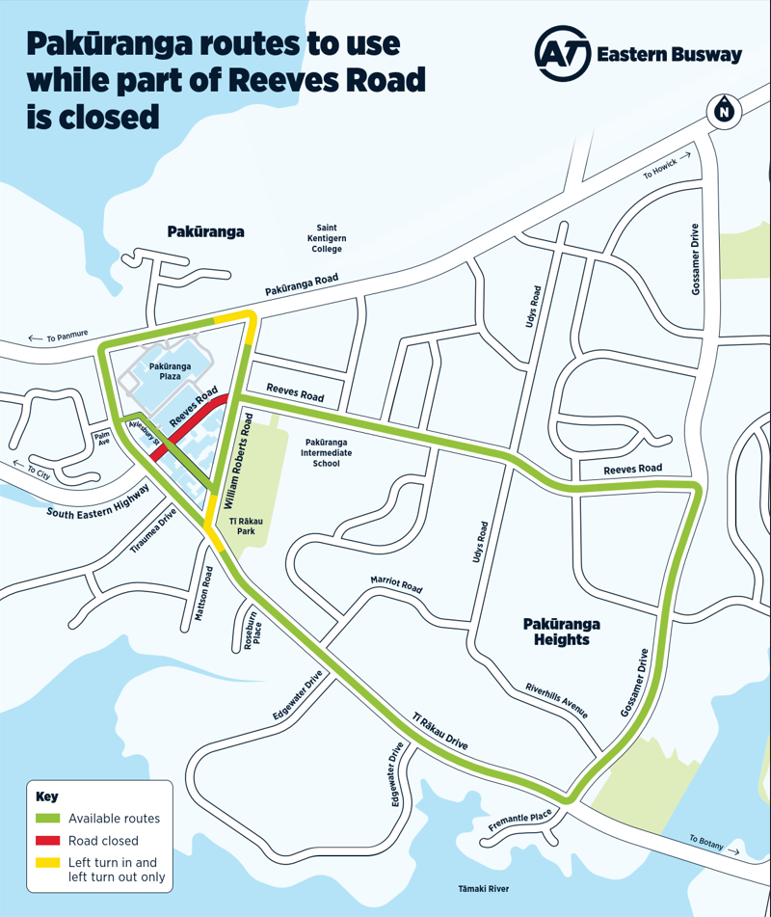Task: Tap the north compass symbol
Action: [723, 110]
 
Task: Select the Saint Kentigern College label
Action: [327, 238]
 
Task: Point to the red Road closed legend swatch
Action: [47, 841]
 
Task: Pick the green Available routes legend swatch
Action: [47, 819]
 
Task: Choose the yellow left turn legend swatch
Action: [47, 863]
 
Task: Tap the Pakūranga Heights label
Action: [557, 632]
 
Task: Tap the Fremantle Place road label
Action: [520, 820]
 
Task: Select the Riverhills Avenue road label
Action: [557, 701]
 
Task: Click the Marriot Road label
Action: [397, 585]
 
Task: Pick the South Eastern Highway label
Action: [97, 499]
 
